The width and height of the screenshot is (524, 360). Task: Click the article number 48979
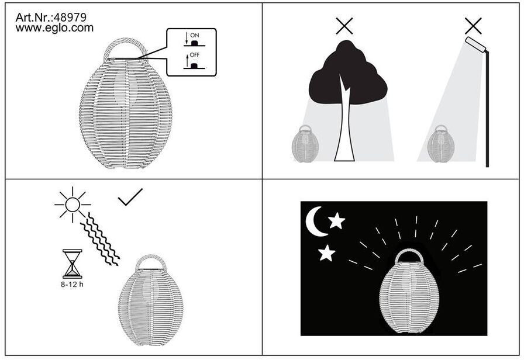(70, 18)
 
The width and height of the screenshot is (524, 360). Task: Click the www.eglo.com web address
(54, 27)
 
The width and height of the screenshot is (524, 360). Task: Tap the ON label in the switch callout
(195, 35)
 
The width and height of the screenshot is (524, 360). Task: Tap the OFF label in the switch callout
(195, 55)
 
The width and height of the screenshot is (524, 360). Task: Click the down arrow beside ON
(187, 38)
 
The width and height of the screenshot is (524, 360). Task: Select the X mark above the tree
(344, 26)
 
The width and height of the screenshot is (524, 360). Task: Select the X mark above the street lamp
(473, 26)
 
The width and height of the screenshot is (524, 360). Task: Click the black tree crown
(348, 67)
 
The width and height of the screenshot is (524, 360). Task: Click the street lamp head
(476, 44)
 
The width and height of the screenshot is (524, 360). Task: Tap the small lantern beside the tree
(305, 144)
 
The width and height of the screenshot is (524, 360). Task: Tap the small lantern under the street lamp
(441, 144)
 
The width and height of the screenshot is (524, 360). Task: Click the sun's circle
(73, 205)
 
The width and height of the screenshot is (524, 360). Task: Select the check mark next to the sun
(130, 197)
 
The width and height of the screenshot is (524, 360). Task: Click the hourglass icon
(72, 264)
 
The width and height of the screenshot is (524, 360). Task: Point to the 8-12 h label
(72, 285)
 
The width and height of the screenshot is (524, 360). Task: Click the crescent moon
(315, 221)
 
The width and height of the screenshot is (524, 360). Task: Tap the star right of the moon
(336, 221)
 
